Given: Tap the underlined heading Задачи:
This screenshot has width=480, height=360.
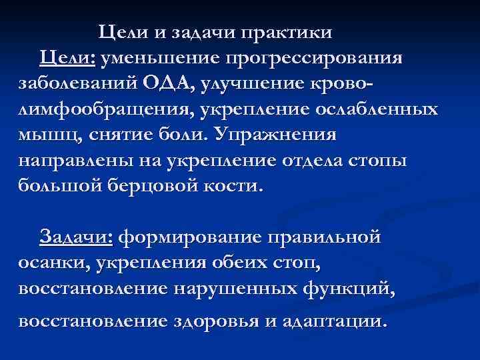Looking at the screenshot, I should tap(77, 237).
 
